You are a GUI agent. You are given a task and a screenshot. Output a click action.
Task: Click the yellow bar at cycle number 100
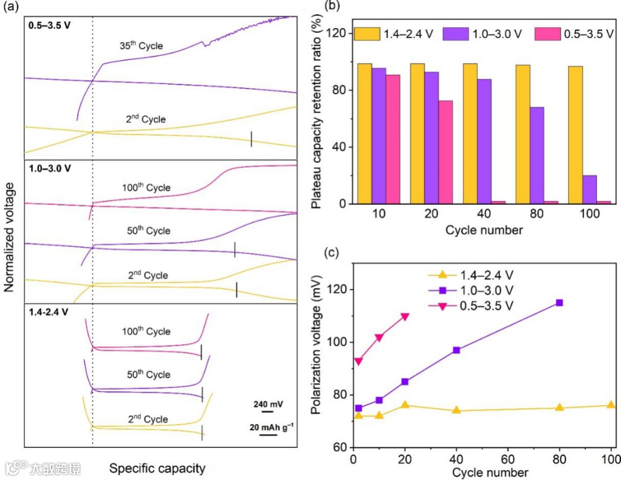tap(576, 135)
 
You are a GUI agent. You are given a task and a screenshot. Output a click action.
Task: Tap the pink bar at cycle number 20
tap(446, 152)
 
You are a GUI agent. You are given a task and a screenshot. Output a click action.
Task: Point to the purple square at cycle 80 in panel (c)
tap(559, 303)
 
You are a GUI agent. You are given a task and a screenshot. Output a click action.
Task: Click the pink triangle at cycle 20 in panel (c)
tap(405, 317)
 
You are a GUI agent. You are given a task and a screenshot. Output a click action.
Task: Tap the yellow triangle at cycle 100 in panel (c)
tap(611, 405)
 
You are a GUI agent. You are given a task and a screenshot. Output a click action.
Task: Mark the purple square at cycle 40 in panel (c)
tap(457, 350)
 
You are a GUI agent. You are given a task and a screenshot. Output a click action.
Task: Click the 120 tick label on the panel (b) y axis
tap(337, 33)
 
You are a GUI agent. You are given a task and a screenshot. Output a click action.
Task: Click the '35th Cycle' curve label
tap(140, 45)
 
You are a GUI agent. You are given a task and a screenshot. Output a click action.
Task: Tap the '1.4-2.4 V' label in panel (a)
tap(48, 312)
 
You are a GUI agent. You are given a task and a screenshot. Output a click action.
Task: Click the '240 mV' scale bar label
tap(267, 403)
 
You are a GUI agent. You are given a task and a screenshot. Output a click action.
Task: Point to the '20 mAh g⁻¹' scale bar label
tap(271, 426)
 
